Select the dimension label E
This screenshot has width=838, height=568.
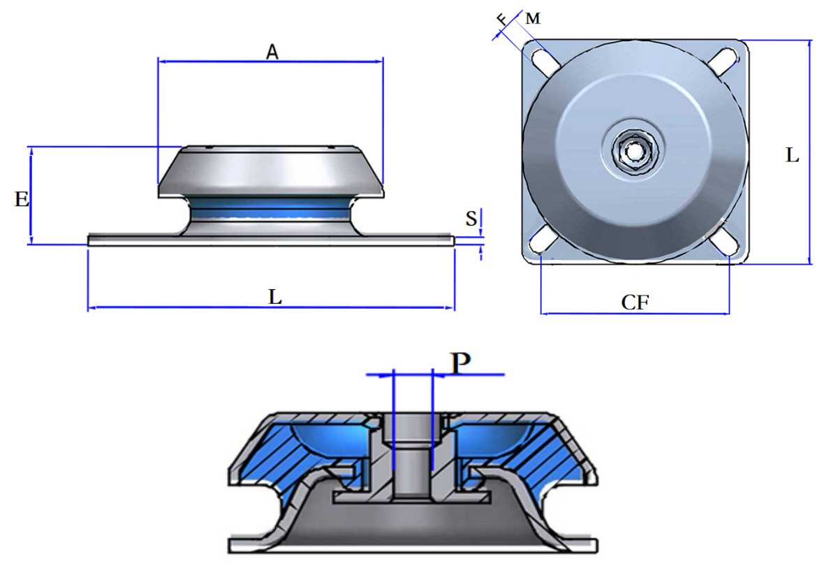pos(22,200)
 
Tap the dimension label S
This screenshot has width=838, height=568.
pos(471,219)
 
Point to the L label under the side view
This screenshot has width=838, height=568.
pos(276,297)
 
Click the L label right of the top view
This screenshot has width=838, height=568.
pos(792,156)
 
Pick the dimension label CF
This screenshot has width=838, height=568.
pos(635,303)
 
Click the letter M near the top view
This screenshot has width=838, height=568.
pos(533,19)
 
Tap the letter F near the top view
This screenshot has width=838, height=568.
pos(501,19)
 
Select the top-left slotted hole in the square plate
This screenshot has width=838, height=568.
pos(547,60)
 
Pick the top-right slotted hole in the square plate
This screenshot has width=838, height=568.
pos(722,60)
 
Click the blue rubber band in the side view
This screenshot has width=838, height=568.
pos(271,207)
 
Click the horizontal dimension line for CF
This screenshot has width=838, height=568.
pos(635,313)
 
